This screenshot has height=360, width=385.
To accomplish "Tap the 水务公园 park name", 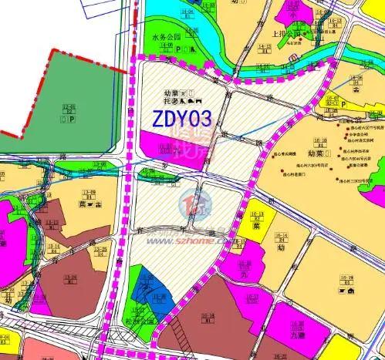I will click(x=165, y=35).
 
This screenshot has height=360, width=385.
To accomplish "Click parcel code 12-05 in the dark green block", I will click(x=70, y=108).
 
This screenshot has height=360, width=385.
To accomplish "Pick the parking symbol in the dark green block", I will click(x=71, y=120).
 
